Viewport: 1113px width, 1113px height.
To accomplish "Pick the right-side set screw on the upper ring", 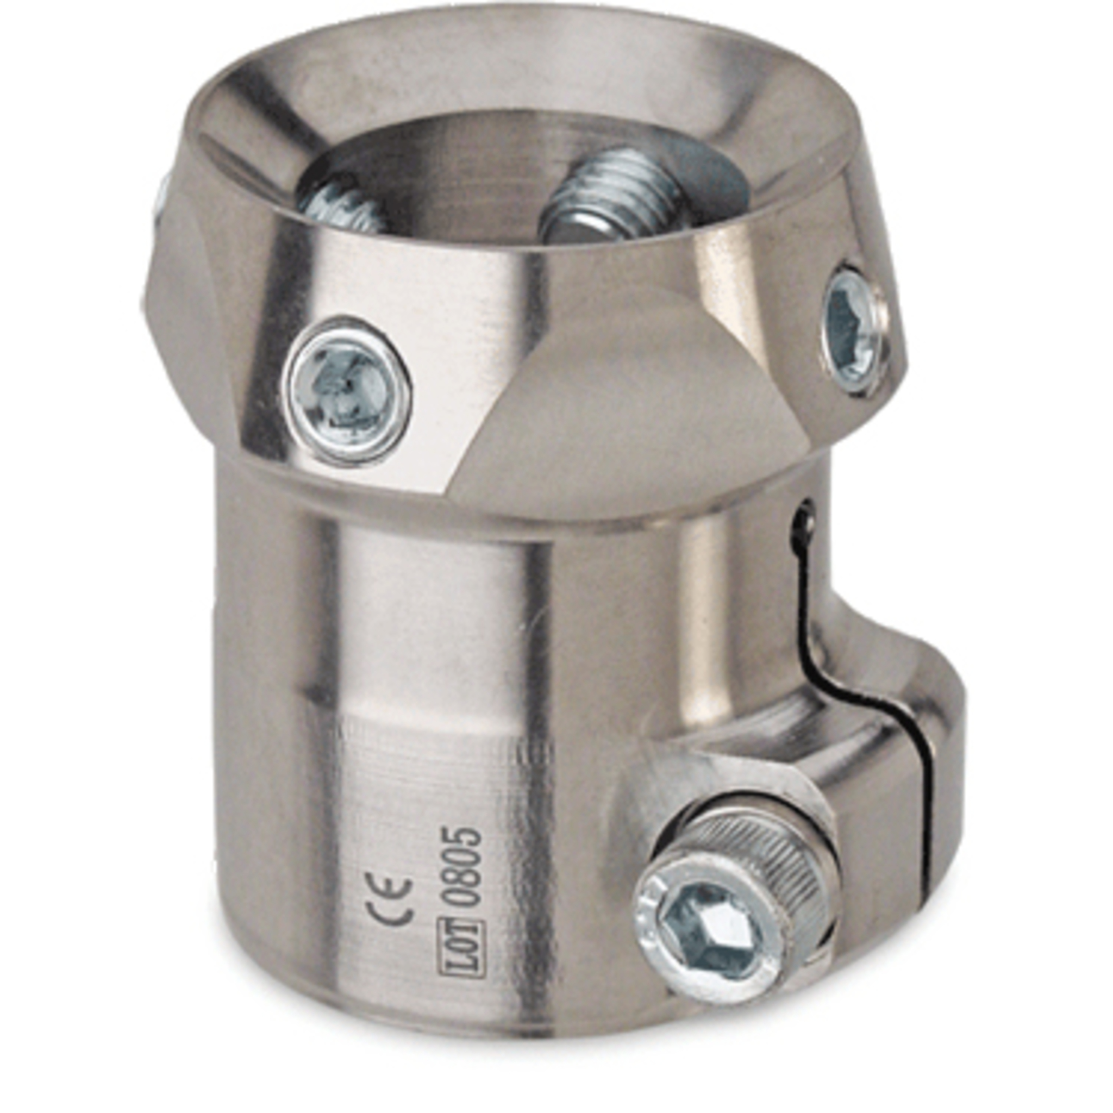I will coord(852,332).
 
